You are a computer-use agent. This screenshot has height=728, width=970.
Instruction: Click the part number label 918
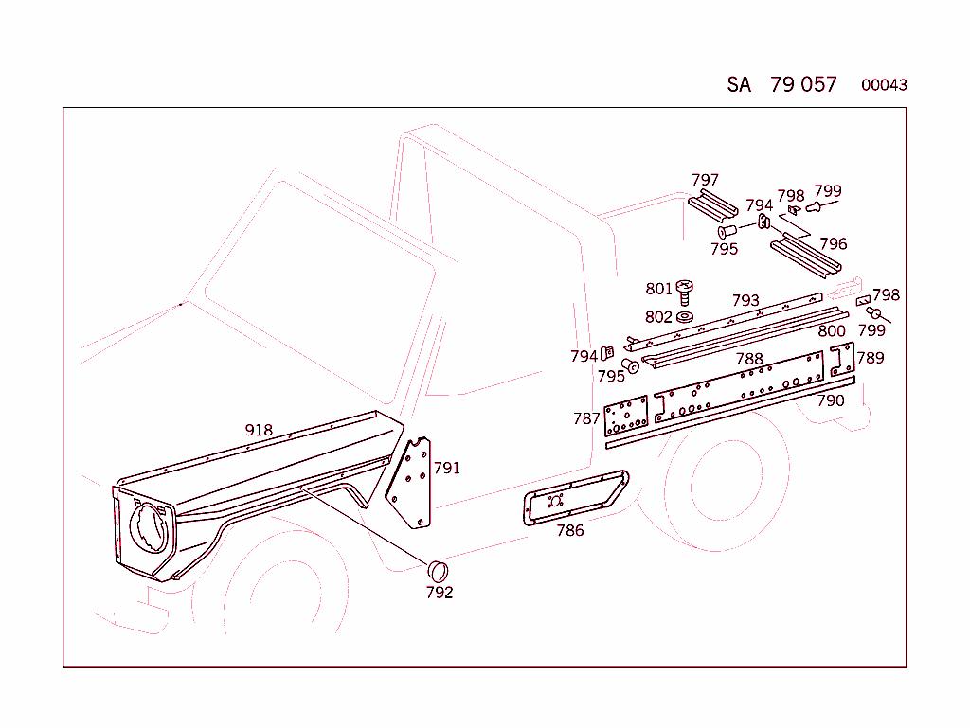click(x=259, y=430)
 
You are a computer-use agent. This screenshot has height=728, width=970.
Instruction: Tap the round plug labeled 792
click(x=438, y=570)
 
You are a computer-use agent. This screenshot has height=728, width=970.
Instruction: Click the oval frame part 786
click(x=573, y=495)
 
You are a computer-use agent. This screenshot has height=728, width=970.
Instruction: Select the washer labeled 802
click(x=686, y=315)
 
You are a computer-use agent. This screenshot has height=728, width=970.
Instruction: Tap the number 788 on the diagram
click(x=749, y=359)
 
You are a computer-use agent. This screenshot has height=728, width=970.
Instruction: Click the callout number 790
click(x=830, y=400)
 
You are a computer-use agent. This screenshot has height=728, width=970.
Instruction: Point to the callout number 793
click(x=745, y=301)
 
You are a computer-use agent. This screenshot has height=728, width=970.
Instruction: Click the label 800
click(x=831, y=330)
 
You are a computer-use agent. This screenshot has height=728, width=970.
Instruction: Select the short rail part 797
click(x=711, y=206)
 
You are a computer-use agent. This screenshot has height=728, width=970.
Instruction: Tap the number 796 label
click(x=833, y=244)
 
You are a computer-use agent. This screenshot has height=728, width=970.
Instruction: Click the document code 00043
click(x=884, y=85)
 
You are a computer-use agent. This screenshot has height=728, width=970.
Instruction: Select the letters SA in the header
click(x=739, y=84)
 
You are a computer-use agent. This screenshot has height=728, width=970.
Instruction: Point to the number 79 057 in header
click(x=803, y=84)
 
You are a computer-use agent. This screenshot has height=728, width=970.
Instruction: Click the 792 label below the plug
click(x=440, y=593)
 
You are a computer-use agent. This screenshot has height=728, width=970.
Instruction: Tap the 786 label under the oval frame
click(x=570, y=530)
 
